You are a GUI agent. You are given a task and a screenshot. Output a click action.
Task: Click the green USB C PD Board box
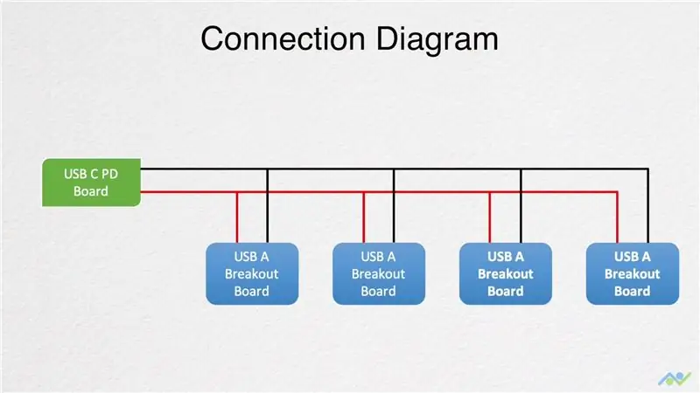(x=92, y=183)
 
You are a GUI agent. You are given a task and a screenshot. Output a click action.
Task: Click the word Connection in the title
(x=283, y=38)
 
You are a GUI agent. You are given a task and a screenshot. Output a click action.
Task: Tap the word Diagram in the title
(x=437, y=40)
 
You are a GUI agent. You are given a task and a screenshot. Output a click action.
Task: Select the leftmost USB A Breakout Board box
(x=252, y=273)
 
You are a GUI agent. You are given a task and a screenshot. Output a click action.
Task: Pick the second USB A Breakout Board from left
(x=379, y=273)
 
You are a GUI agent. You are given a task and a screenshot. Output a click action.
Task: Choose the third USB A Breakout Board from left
(x=506, y=273)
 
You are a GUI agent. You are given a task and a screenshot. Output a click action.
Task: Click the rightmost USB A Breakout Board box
(x=633, y=273)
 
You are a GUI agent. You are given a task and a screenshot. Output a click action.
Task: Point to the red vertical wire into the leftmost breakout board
(x=237, y=217)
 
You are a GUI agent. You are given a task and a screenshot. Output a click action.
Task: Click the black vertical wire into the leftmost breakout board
(x=268, y=206)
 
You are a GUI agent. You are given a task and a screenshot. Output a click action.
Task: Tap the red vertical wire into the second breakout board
(x=364, y=217)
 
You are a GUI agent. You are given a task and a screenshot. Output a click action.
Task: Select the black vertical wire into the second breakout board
(x=394, y=206)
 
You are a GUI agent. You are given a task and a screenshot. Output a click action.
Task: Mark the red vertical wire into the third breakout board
(x=490, y=217)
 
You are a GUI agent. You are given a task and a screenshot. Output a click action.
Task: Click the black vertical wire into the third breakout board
(x=521, y=206)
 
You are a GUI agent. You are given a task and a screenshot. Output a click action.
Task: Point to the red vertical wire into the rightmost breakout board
(x=618, y=217)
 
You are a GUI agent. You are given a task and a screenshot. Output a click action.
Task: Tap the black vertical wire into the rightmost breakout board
(x=648, y=206)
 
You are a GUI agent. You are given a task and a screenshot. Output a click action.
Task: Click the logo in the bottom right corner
(x=675, y=379)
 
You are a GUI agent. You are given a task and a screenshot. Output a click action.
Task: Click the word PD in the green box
(x=110, y=174)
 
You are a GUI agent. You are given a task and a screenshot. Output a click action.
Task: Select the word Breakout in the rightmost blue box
(x=632, y=273)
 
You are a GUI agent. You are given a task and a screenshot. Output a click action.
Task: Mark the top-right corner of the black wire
(x=648, y=169)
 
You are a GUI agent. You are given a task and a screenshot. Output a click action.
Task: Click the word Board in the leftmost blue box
(x=252, y=291)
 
